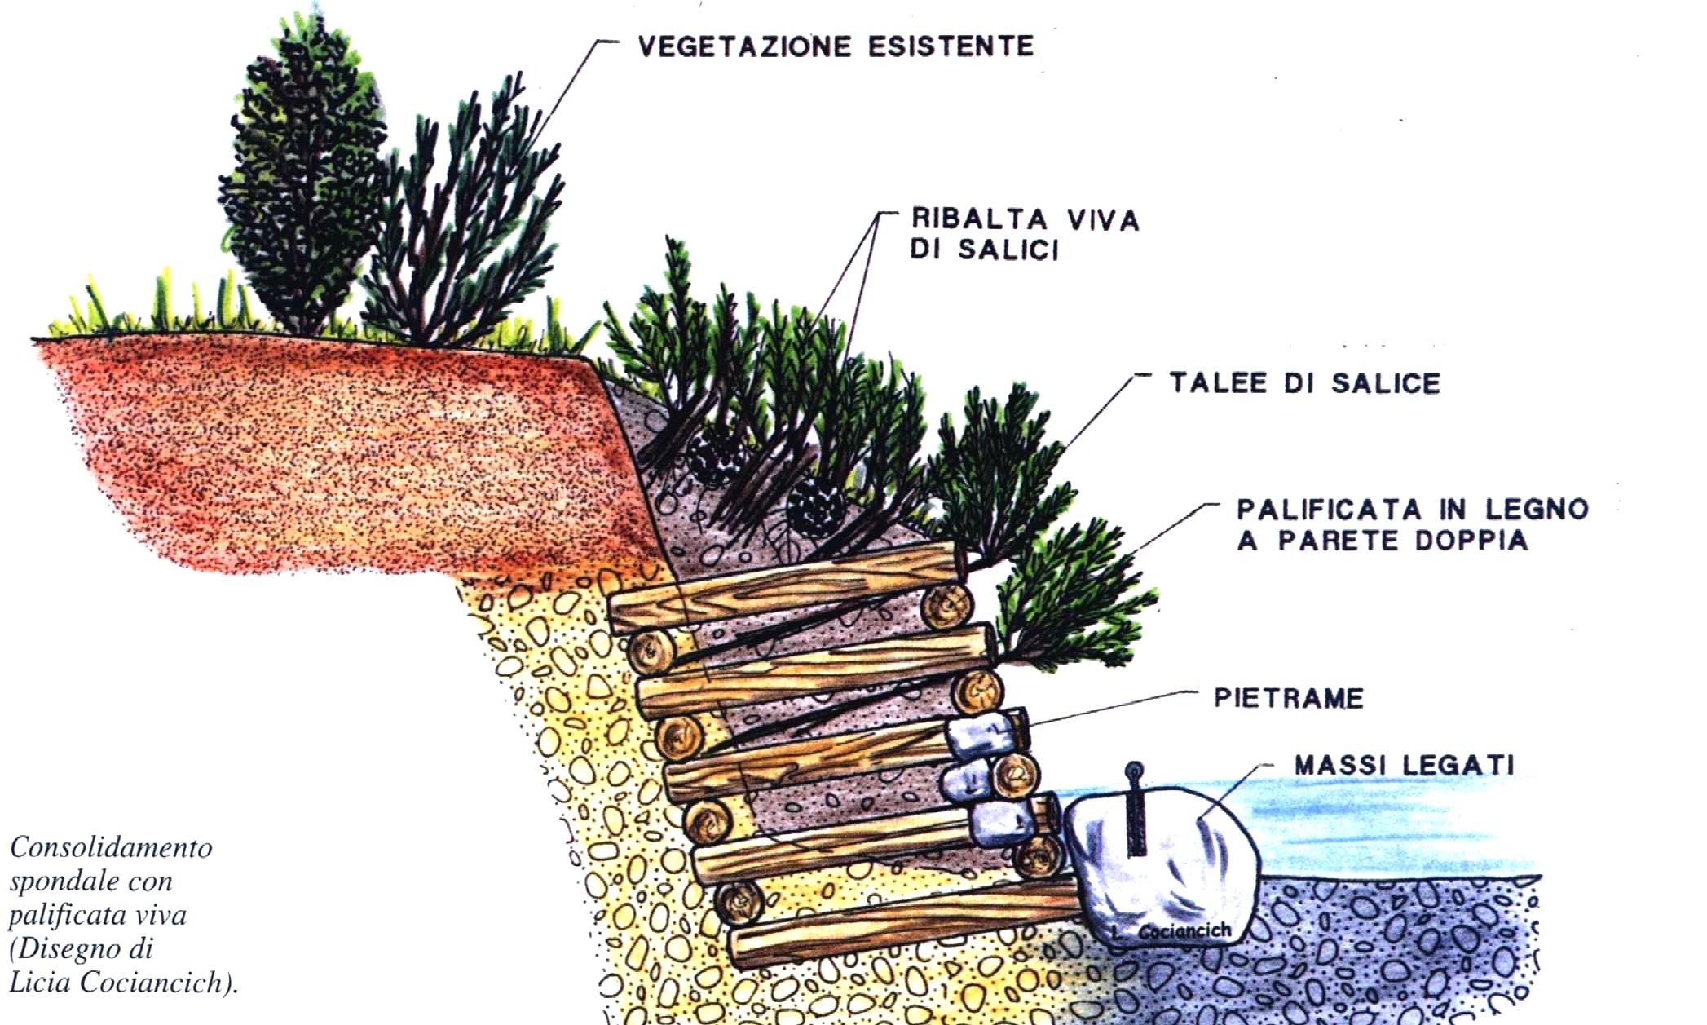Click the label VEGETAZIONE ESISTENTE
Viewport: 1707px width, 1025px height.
pos(836,46)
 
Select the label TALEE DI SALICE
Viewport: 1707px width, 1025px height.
pos(1304,383)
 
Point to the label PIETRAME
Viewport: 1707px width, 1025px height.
pos(1288,698)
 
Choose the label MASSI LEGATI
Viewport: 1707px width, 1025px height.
pos(1404,765)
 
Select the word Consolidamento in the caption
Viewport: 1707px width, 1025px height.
pos(111,848)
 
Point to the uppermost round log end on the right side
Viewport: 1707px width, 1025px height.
pos(946,605)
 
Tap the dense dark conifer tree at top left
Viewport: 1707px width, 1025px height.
pos(302,171)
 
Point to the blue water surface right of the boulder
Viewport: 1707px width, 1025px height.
pos(1386,824)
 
